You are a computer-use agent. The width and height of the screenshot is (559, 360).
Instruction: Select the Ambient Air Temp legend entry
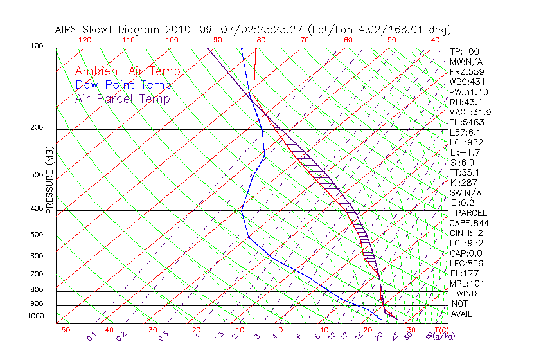[x=127, y=71]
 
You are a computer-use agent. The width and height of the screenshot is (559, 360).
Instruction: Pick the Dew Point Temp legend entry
[x=123, y=85]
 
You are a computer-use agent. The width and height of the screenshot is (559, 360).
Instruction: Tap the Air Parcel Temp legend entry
[x=122, y=98]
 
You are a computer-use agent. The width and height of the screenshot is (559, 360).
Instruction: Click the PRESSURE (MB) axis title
[x=49, y=180]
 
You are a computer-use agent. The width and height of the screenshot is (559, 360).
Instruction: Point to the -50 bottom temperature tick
[x=62, y=330]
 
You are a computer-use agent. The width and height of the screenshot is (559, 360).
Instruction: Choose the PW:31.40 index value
[x=469, y=92]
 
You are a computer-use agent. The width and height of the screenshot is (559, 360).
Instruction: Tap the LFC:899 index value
[x=466, y=264]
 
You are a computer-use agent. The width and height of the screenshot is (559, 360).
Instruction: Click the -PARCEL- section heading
[x=472, y=213]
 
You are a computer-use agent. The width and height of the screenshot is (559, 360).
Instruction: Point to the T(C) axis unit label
[x=438, y=330]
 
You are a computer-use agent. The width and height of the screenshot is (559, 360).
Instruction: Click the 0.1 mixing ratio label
[x=91, y=336]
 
